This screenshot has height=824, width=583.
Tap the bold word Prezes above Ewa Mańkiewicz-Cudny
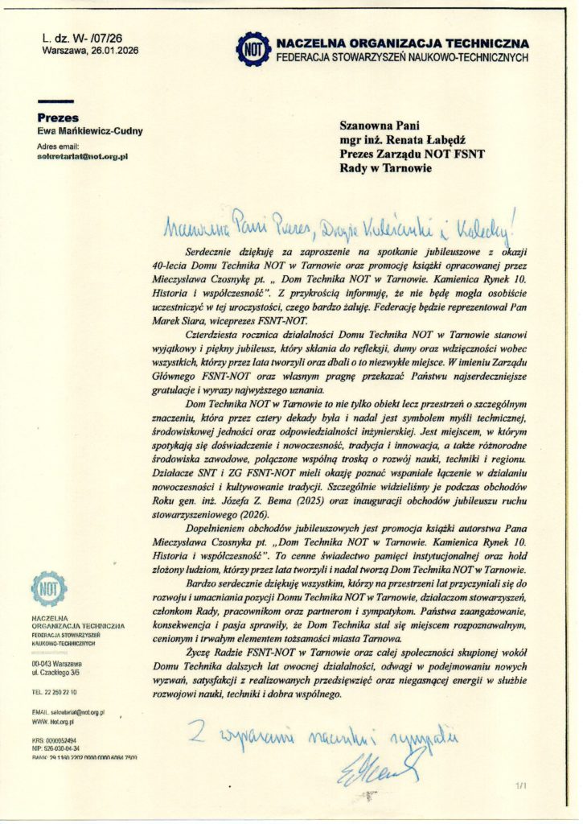(58, 117)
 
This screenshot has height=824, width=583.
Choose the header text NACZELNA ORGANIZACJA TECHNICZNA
(402, 43)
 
